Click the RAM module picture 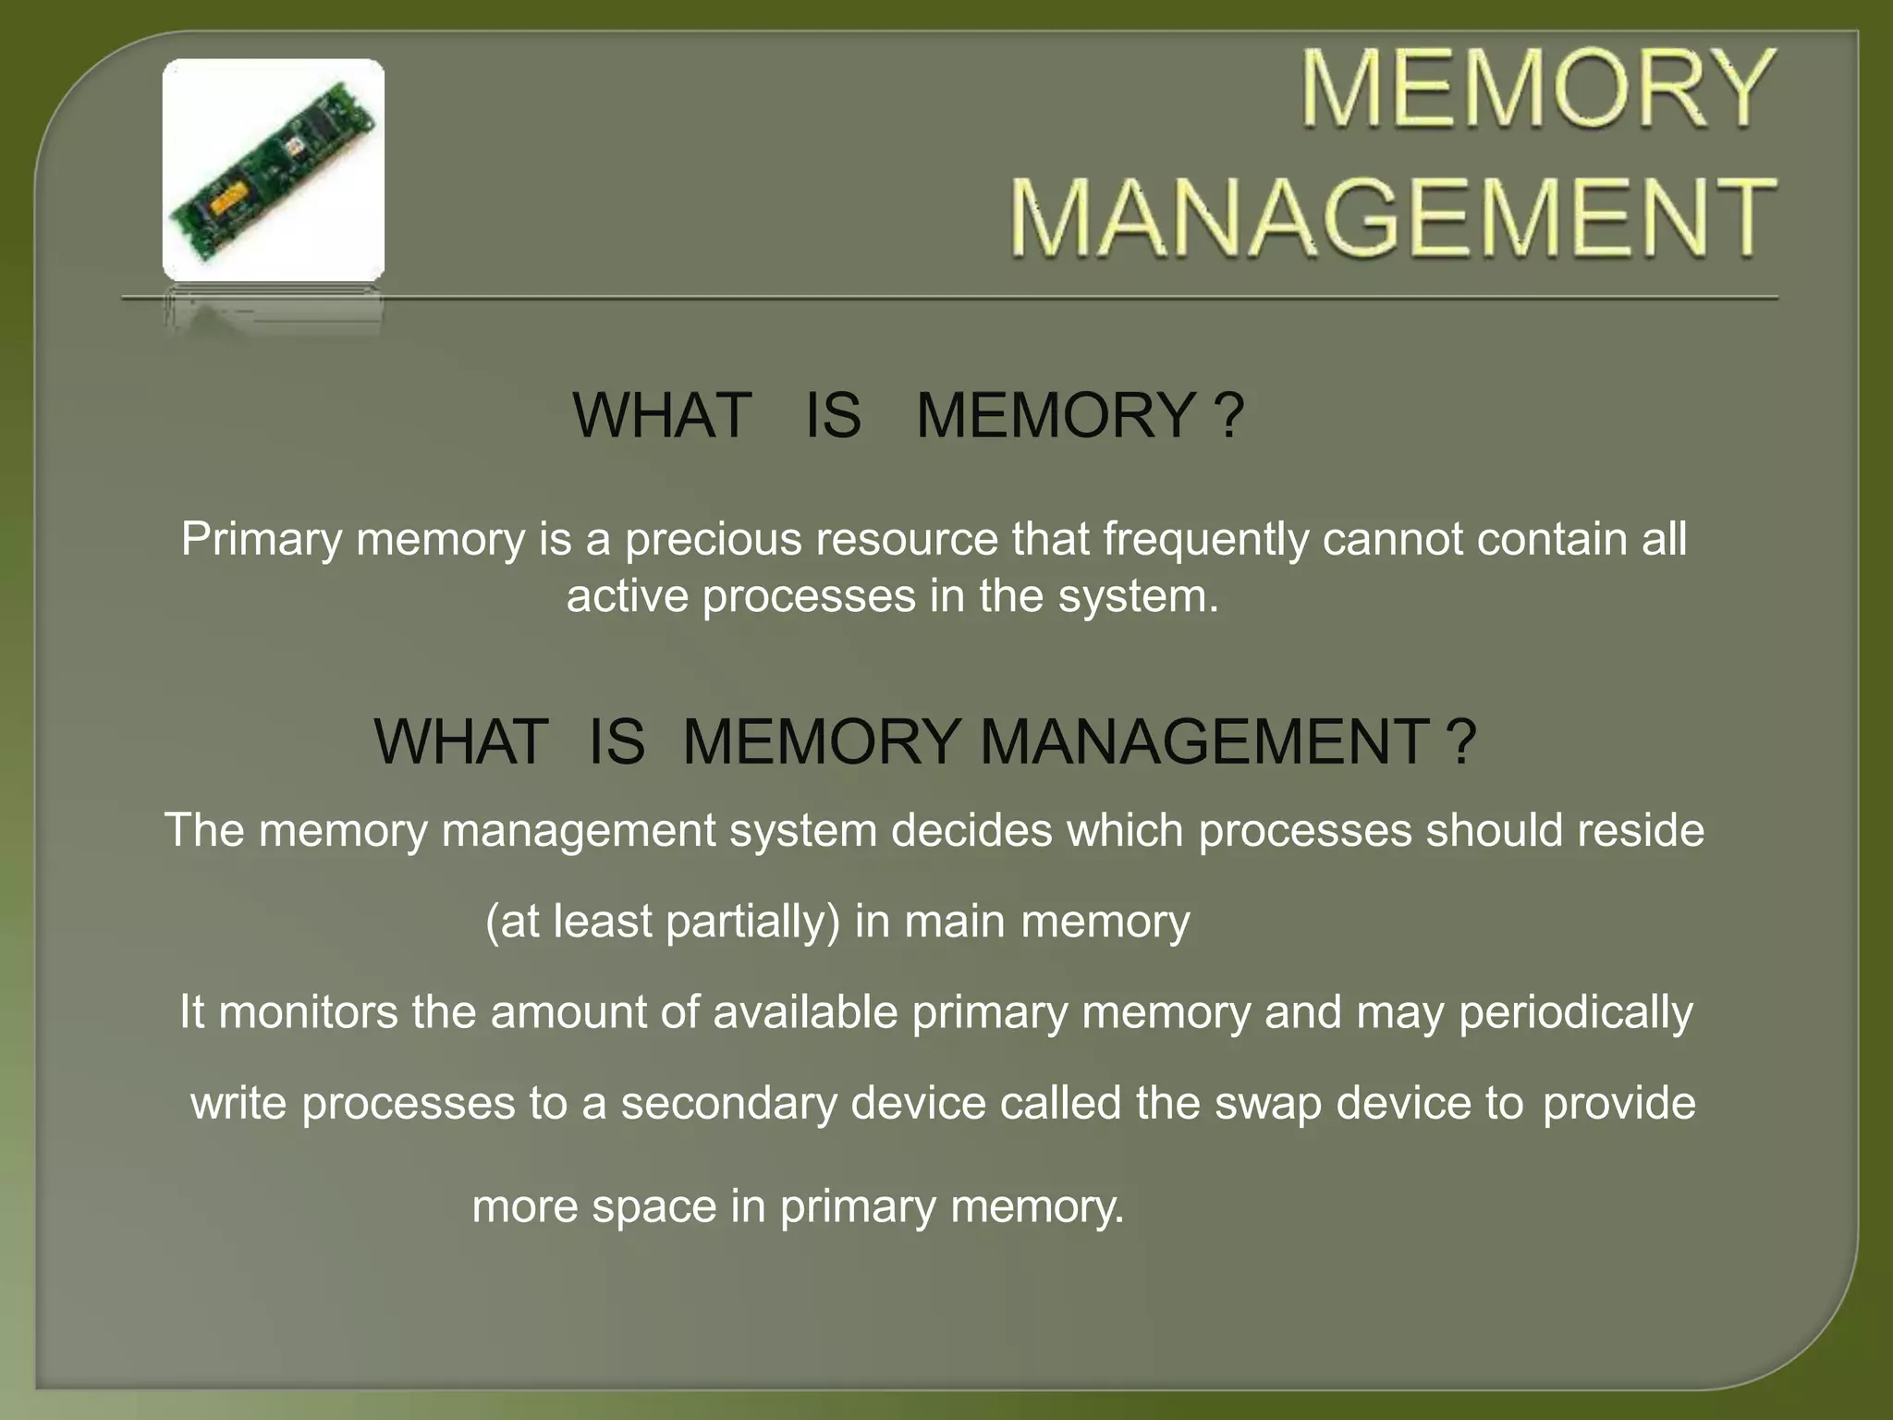click(x=274, y=170)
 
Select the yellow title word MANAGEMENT click(x=1393, y=218)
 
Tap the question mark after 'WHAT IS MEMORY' click(x=1230, y=415)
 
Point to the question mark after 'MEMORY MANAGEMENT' click(x=1461, y=741)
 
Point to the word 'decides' click(x=971, y=829)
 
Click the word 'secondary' click(x=728, y=1104)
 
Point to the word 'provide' click(x=1619, y=1104)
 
